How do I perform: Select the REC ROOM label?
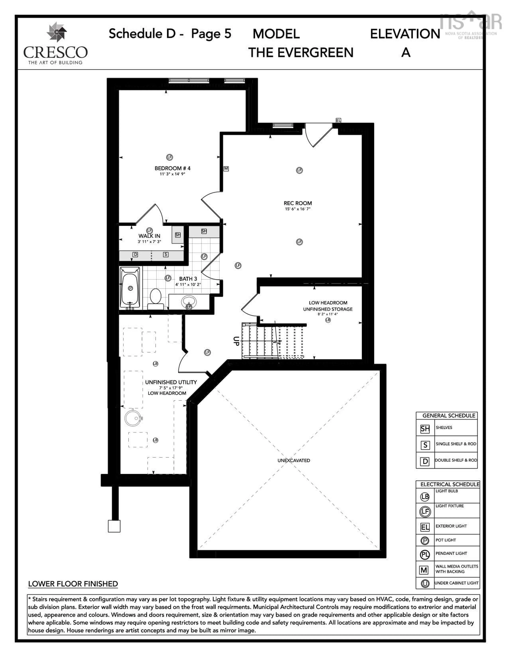[x=298, y=203]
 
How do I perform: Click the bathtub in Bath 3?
[x=130, y=288]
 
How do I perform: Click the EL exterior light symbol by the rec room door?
[x=338, y=120]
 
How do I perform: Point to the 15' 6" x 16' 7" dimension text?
[x=298, y=209]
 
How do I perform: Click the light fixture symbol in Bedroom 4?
[x=170, y=157]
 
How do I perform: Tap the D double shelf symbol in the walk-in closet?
[x=135, y=255]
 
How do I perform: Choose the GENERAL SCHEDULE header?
[x=449, y=415]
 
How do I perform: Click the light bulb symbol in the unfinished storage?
[x=328, y=320]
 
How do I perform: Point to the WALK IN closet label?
[x=149, y=236]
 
